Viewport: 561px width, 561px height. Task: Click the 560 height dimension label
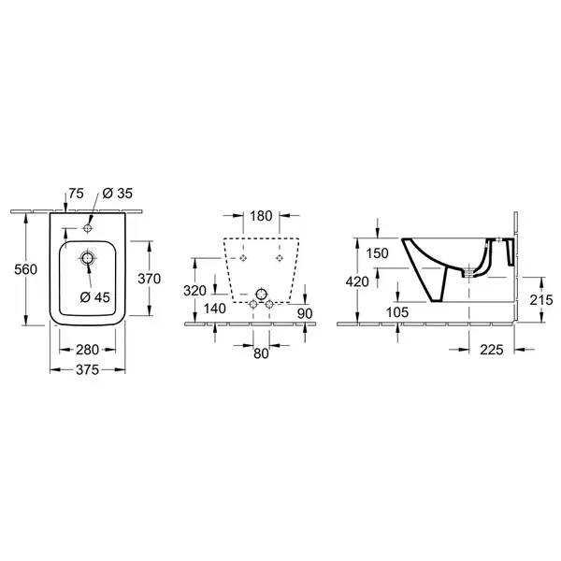pyautogui.click(x=26, y=269)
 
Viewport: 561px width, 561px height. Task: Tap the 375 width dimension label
pyautogui.click(x=87, y=370)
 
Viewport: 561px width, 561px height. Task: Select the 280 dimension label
pyautogui.click(x=87, y=350)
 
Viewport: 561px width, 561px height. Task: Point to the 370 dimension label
pyautogui.click(x=150, y=279)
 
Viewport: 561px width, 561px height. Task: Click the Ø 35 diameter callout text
pyautogui.click(x=118, y=194)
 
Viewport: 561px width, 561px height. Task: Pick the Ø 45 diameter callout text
pyautogui.click(x=95, y=297)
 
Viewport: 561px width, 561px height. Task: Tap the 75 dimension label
pyautogui.click(x=77, y=194)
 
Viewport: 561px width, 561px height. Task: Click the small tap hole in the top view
pyautogui.click(x=87, y=228)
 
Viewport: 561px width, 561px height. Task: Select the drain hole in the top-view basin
pyautogui.click(x=87, y=258)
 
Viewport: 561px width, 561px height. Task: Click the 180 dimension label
pyautogui.click(x=261, y=216)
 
